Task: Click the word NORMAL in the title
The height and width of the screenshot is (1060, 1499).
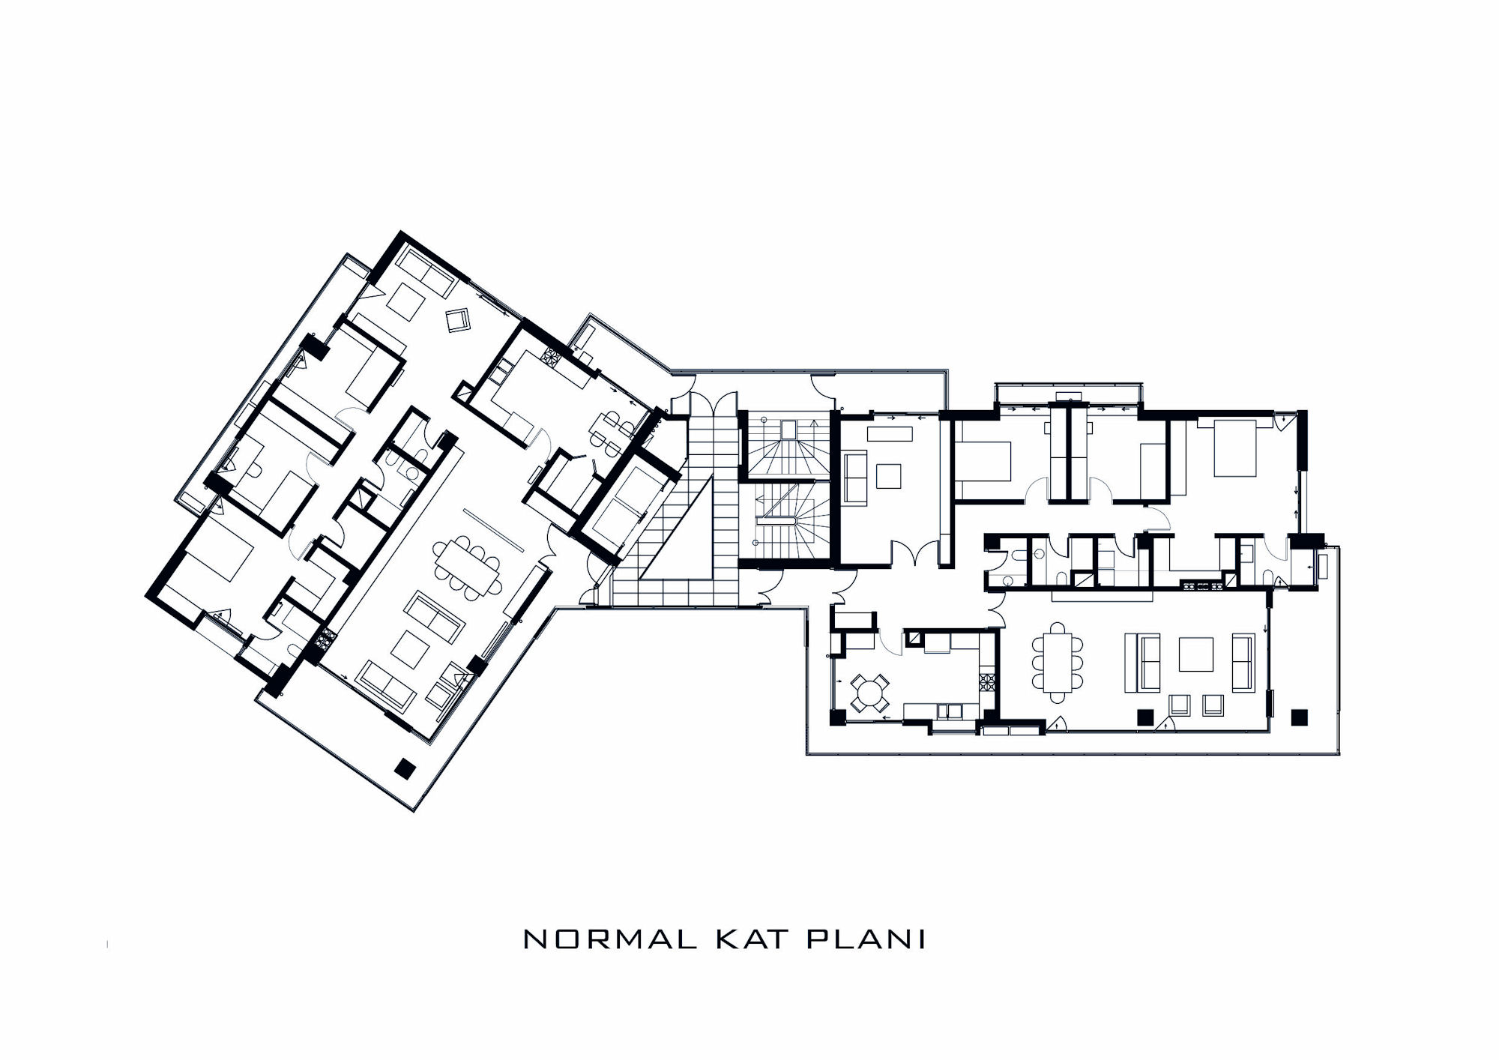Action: click(x=609, y=939)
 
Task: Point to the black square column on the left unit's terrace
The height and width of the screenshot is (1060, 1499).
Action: click(x=405, y=768)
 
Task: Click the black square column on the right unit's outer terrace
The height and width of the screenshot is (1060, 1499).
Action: click(x=1300, y=717)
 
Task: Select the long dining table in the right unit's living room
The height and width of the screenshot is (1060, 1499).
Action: click(x=1057, y=662)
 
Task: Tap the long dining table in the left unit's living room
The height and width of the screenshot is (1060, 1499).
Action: click(x=466, y=567)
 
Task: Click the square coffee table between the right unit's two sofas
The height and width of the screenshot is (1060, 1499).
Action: click(x=1196, y=654)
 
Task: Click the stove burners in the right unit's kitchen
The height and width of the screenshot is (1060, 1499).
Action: click(x=986, y=683)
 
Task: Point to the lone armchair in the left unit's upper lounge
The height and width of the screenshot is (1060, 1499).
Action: click(x=457, y=320)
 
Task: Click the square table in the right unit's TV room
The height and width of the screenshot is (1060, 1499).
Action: click(x=889, y=475)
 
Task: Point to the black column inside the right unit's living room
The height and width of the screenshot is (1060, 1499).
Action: click(x=1144, y=717)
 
